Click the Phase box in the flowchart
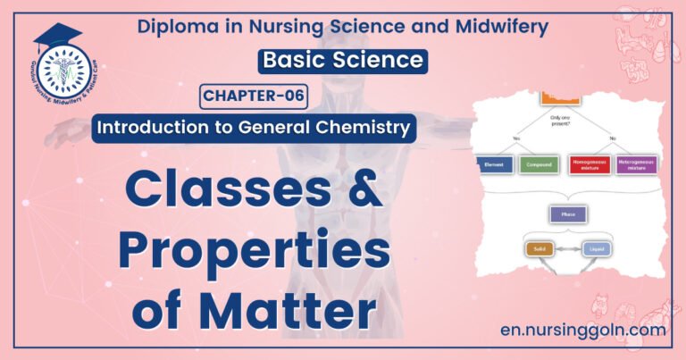click(566, 214)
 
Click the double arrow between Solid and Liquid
click(569, 251)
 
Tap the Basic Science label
click(341, 60)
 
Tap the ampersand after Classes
click(357, 189)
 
